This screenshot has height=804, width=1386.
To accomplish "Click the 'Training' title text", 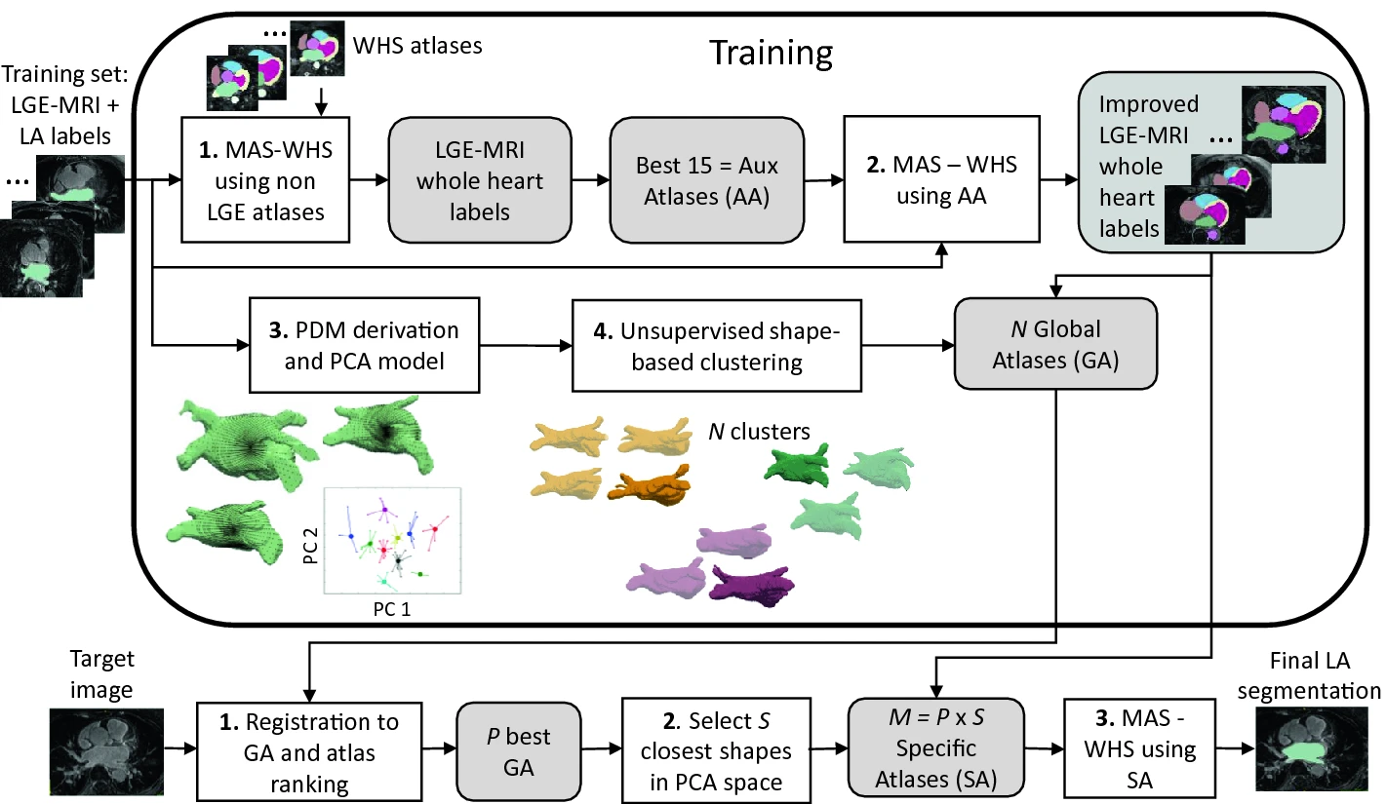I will [x=770, y=53].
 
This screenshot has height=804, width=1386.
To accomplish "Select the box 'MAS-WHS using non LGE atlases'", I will [x=265, y=180].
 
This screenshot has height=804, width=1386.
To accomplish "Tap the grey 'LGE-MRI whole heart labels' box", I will [x=480, y=180].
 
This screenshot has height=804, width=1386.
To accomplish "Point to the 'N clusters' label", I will [x=759, y=430].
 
